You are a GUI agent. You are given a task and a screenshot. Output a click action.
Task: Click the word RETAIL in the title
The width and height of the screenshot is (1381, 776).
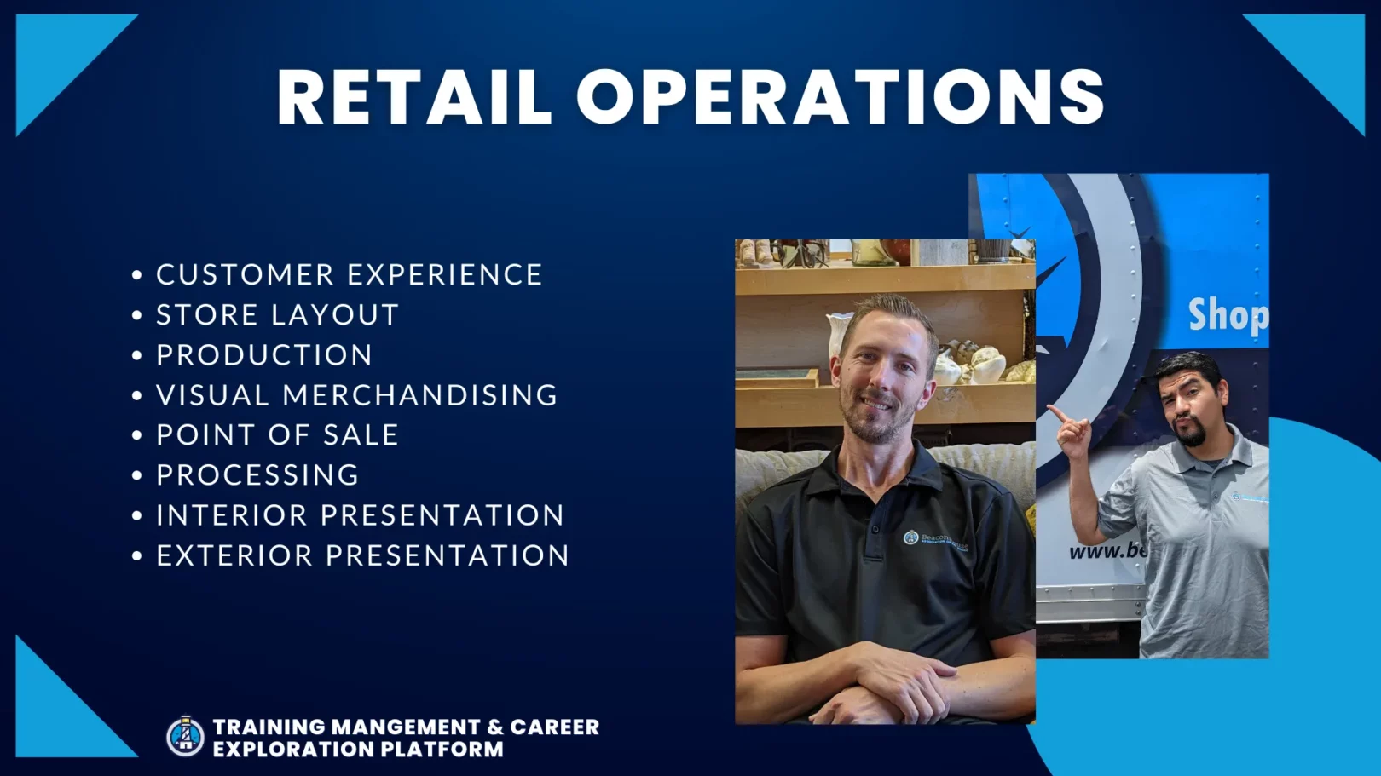tap(414, 97)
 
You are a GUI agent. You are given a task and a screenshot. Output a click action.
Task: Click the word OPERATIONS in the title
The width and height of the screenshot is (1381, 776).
tap(841, 97)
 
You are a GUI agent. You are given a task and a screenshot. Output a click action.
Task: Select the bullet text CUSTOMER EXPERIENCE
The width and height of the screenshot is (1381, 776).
tap(349, 274)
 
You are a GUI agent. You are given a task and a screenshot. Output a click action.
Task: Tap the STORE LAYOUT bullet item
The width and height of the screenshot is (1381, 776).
tap(277, 314)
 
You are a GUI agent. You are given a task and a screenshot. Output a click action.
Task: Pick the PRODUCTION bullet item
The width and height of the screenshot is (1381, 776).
tap(264, 354)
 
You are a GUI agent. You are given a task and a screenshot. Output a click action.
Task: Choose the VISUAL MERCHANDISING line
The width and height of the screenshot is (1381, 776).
tap(357, 394)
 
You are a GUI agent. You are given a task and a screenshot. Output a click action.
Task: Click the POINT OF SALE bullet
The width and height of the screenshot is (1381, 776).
tap(277, 434)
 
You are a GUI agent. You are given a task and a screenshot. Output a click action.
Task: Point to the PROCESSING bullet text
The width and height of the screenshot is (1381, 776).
tap(257, 474)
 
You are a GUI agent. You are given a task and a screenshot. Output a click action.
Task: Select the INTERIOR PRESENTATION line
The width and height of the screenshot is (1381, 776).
tap(360, 514)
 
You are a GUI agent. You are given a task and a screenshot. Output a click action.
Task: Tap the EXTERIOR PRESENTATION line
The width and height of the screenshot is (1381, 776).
tap(362, 555)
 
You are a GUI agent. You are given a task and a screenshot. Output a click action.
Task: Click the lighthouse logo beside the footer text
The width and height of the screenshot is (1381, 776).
tap(185, 736)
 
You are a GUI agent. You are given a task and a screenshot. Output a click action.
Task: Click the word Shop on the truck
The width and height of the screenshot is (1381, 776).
tap(1228, 315)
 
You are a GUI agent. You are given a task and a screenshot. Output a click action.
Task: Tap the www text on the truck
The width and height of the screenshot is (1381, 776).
tap(1094, 551)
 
